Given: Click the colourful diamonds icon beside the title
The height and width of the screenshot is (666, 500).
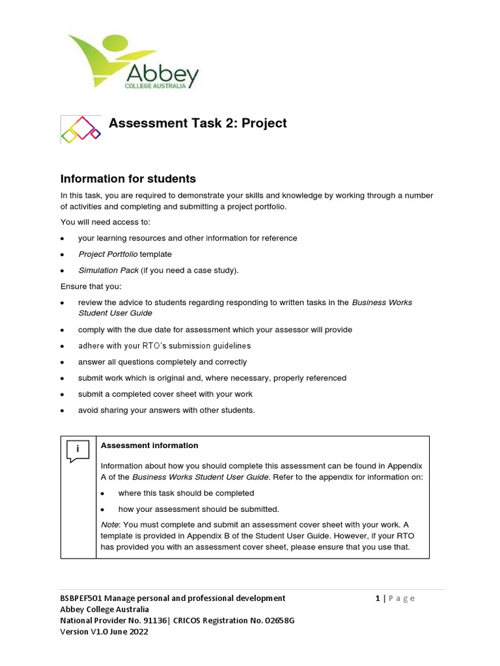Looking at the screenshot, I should [x=81, y=129].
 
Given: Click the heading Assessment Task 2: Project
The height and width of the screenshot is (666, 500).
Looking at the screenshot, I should [x=197, y=124].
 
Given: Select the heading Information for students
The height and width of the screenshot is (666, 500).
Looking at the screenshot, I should [x=128, y=179].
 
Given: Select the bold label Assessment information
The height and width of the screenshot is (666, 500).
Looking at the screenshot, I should [x=150, y=446].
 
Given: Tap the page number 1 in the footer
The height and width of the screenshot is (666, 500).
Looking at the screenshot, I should [x=378, y=598].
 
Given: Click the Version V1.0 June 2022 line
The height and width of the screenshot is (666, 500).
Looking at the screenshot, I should [x=104, y=632].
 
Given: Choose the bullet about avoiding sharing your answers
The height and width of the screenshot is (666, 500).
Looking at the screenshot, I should [x=167, y=410].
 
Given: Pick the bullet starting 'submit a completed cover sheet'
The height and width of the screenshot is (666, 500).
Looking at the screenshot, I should [x=165, y=394].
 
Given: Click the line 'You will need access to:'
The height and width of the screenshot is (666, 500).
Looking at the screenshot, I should [x=105, y=222].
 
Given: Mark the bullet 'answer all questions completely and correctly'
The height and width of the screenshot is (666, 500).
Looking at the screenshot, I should [x=162, y=362].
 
